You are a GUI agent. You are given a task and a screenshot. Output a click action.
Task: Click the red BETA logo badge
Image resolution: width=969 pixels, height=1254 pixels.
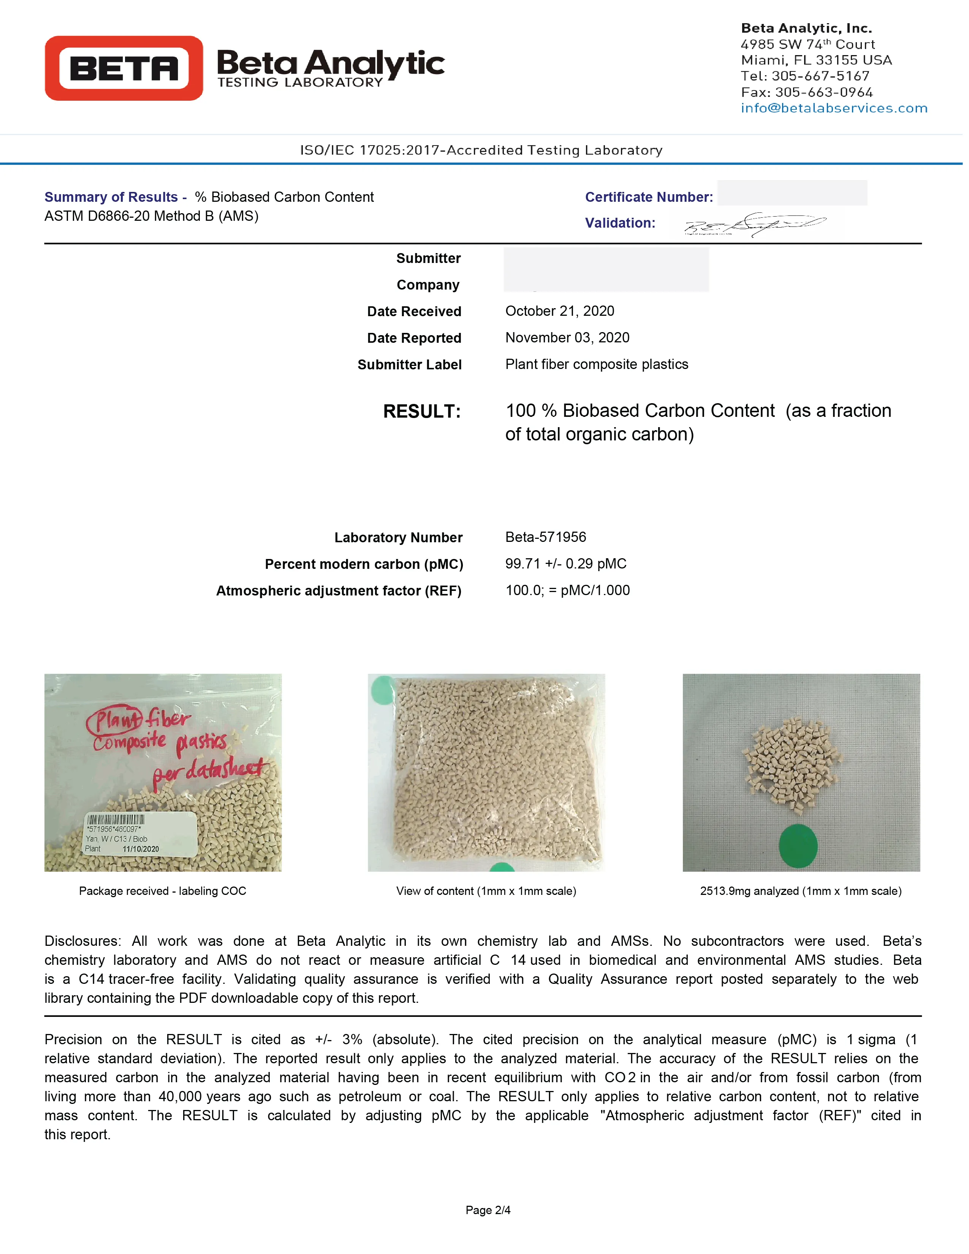(123, 68)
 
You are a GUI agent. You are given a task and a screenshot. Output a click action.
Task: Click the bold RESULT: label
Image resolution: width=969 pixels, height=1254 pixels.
(421, 411)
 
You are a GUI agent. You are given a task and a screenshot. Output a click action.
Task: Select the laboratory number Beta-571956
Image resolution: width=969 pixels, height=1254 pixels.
(545, 537)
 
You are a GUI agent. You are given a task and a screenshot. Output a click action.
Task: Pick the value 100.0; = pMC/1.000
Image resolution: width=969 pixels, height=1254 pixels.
(567, 590)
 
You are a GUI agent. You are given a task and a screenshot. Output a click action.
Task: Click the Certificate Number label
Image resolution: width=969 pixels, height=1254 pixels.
(649, 197)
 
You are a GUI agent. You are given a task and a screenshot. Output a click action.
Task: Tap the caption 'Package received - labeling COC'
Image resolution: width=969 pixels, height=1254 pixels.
(163, 891)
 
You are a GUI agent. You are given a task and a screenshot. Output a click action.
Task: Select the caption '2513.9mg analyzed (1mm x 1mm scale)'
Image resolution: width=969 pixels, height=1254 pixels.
(800, 891)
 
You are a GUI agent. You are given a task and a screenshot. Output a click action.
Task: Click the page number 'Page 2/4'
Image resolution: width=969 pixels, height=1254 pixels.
(488, 1210)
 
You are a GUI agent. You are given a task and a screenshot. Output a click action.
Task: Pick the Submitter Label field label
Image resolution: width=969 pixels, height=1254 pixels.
(409, 364)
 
